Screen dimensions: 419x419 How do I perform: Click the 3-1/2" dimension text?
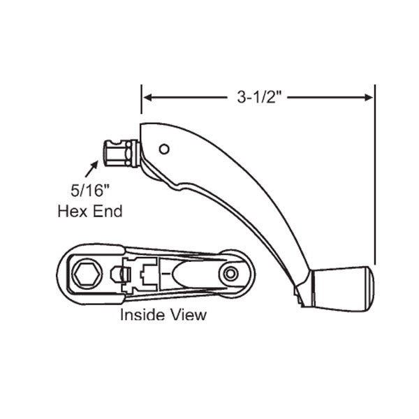tap(258, 98)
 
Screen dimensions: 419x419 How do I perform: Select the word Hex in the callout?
tap(71, 210)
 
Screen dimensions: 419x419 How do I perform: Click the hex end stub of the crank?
tap(119, 152)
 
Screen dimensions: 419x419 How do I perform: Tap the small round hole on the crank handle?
tap(163, 149)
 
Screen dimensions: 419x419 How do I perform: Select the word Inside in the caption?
tap(142, 314)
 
